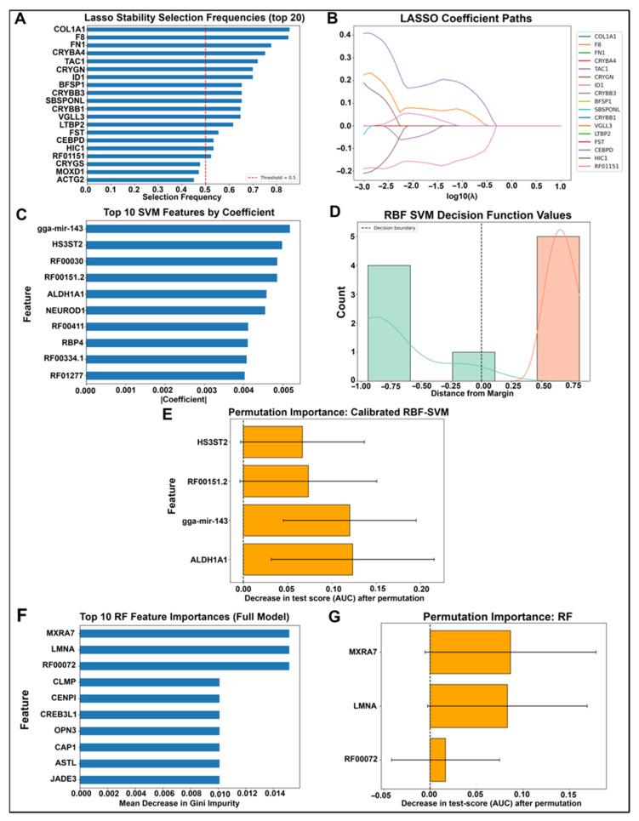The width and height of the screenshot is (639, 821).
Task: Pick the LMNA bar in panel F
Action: (185, 649)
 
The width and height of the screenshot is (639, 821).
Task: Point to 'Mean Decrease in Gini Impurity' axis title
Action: (185, 801)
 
